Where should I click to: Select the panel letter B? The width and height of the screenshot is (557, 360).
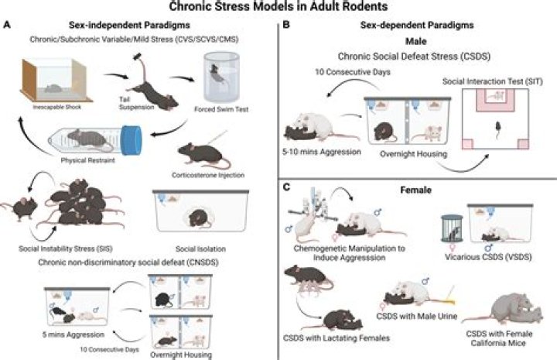click(287, 26)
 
